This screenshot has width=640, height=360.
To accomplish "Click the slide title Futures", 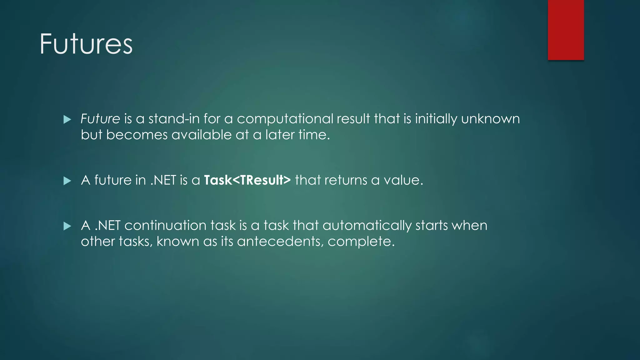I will pos(86,44).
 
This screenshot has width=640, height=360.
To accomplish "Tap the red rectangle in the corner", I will pos(566,30).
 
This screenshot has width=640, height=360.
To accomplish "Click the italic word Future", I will pos(100,119).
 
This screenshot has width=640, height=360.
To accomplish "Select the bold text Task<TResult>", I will pos(247,180).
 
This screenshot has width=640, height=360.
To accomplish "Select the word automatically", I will pos(367,226).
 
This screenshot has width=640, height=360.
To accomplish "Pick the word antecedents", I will pos(280,241).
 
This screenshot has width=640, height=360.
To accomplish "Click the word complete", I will pos(361,242).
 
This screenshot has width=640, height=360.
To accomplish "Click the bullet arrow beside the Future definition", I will pos(67,119).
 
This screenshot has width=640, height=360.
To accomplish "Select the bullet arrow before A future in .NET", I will pos(67,181).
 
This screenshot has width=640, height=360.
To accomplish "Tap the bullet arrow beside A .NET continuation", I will pos(67,226).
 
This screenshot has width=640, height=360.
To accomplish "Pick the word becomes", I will pos(137,135).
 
